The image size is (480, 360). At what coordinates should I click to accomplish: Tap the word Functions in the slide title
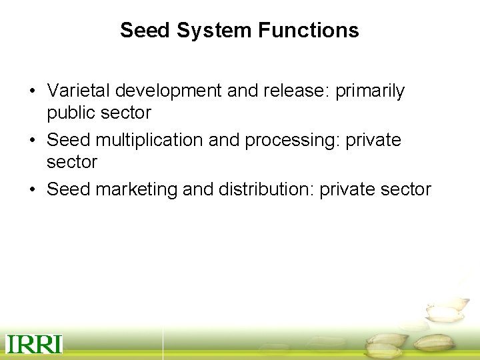click(308, 30)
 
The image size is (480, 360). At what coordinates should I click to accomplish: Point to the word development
click(169, 91)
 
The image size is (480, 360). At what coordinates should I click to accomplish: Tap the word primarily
click(370, 91)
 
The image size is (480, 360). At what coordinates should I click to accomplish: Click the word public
click(71, 113)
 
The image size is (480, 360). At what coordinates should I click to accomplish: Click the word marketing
click(137, 189)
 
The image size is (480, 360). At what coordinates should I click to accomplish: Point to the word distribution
click(263, 189)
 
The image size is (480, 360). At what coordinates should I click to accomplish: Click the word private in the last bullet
click(347, 189)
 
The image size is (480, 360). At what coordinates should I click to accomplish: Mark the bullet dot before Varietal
click(32, 91)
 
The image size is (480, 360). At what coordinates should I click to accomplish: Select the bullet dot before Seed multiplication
click(32, 141)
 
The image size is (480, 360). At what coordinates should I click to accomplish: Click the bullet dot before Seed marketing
click(32, 190)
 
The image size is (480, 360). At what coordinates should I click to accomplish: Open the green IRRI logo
click(34, 344)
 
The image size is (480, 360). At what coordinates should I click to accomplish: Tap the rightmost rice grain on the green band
click(434, 343)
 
